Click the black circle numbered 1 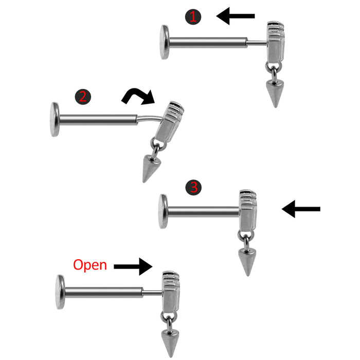pos(193,16)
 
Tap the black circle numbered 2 pos(83,97)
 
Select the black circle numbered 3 pos(193,187)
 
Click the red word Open pos(90,265)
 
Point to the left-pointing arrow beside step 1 pos(236,16)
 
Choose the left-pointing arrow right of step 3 pos(301,209)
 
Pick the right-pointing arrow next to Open pos(133,266)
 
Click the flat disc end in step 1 pos(165,42)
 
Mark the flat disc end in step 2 pos(55,119)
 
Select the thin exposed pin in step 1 pos(257,44)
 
